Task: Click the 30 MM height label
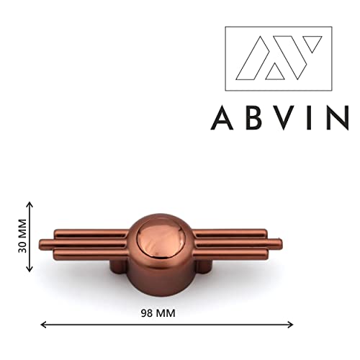pyautogui.click(x=22, y=235)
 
